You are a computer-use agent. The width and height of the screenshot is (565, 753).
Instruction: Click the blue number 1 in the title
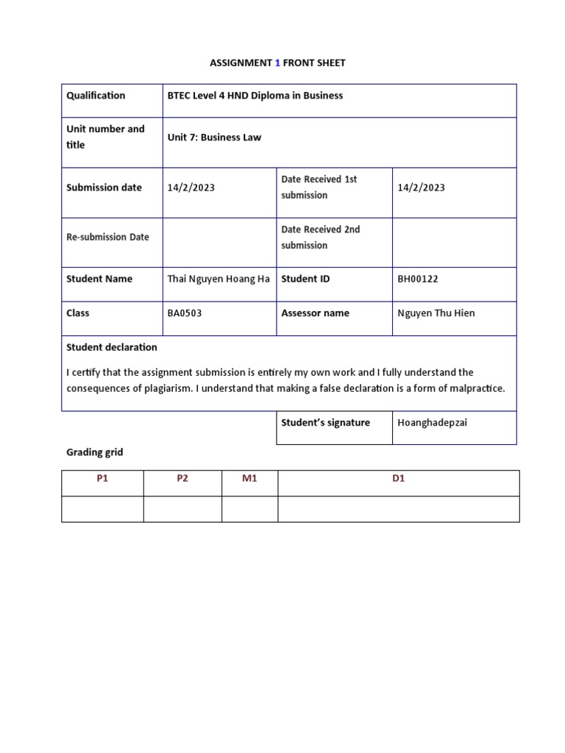click(278, 63)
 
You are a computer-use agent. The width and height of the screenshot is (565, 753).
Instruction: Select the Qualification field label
click(96, 96)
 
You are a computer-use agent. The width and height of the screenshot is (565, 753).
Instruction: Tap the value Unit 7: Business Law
click(214, 138)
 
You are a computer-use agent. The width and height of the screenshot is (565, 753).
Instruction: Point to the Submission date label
click(104, 188)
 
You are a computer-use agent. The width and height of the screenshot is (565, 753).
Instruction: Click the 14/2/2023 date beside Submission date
click(191, 188)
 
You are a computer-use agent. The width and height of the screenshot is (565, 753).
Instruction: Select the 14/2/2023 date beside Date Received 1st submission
click(421, 188)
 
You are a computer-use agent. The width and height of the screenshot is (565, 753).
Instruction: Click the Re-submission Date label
click(107, 237)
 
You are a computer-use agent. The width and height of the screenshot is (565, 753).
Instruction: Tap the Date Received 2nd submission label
click(320, 237)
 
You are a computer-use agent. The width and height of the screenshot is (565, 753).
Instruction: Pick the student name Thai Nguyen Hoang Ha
click(218, 279)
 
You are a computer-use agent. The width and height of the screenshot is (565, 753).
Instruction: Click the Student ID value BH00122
click(417, 279)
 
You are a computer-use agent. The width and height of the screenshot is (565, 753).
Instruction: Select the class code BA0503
click(185, 313)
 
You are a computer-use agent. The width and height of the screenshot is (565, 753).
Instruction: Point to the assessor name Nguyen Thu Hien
click(436, 313)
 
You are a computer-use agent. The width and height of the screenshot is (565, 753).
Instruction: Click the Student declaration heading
click(111, 347)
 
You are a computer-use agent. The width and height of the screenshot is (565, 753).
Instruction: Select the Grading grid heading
click(94, 452)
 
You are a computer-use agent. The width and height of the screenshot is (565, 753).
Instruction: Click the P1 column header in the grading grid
click(102, 479)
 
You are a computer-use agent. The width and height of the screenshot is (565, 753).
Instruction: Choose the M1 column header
click(249, 479)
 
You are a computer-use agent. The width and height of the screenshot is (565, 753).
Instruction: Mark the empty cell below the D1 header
click(398, 509)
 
